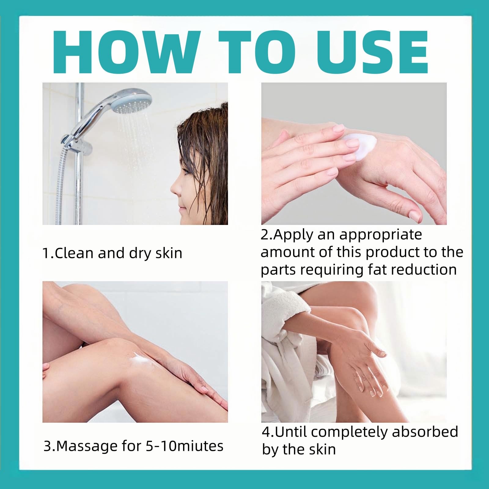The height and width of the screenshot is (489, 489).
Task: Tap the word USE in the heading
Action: (372, 52)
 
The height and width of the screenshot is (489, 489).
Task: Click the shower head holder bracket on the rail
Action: (76, 144)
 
